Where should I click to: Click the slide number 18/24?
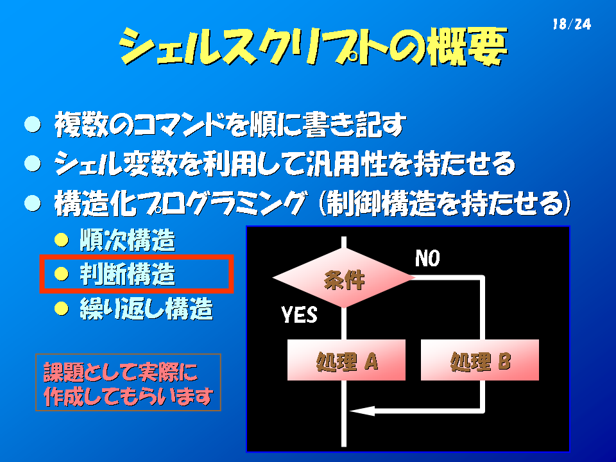(x=572, y=24)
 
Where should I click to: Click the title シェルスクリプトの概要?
(x=312, y=46)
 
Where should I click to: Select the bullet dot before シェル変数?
(x=33, y=164)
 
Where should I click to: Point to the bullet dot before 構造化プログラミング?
(x=33, y=203)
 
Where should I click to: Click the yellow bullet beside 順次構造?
(x=62, y=239)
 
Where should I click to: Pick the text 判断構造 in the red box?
(x=127, y=274)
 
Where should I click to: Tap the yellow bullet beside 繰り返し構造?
(x=62, y=309)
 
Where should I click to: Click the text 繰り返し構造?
(x=146, y=309)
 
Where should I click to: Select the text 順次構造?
(x=127, y=239)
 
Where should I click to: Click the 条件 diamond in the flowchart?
(x=344, y=278)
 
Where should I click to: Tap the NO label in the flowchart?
(x=427, y=259)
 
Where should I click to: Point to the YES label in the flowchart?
(x=300, y=314)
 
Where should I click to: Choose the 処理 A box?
(x=346, y=360)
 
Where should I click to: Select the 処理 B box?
(x=480, y=360)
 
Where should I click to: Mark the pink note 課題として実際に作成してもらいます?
(x=128, y=382)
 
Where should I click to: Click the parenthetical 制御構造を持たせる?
(x=444, y=203)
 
